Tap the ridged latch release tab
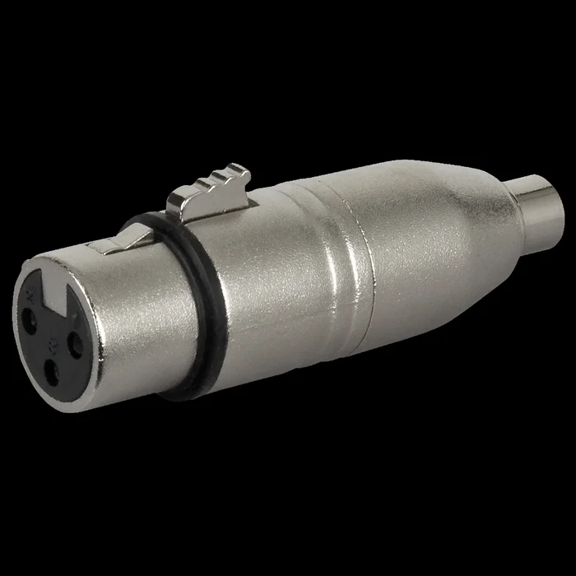coord(210,188)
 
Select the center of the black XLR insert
coord(52,329)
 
